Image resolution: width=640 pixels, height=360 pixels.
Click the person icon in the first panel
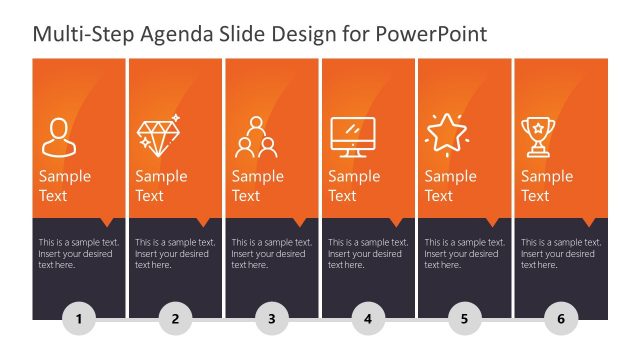(57, 136)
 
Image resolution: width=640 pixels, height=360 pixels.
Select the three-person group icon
(255, 137)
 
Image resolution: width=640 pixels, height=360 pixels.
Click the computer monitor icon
(352, 137)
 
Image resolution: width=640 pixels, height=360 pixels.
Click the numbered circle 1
(79, 320)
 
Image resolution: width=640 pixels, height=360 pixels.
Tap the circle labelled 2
(175, 320)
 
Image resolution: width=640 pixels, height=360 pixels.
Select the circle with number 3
(271, 320)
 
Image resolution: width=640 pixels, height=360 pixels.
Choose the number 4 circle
(368, 320)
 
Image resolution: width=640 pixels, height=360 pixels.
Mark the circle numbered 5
(464, 320)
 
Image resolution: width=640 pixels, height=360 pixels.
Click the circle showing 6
(561, 320)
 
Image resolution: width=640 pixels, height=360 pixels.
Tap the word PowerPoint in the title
(432, 35)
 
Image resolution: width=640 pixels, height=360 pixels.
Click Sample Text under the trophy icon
(547, 186)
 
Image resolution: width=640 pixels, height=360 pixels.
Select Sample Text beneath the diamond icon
(161, 186)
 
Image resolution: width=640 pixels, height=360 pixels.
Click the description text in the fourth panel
(368, 254)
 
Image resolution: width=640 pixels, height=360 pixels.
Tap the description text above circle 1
(79, 254)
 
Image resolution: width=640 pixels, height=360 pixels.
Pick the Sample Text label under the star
(451, 186)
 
